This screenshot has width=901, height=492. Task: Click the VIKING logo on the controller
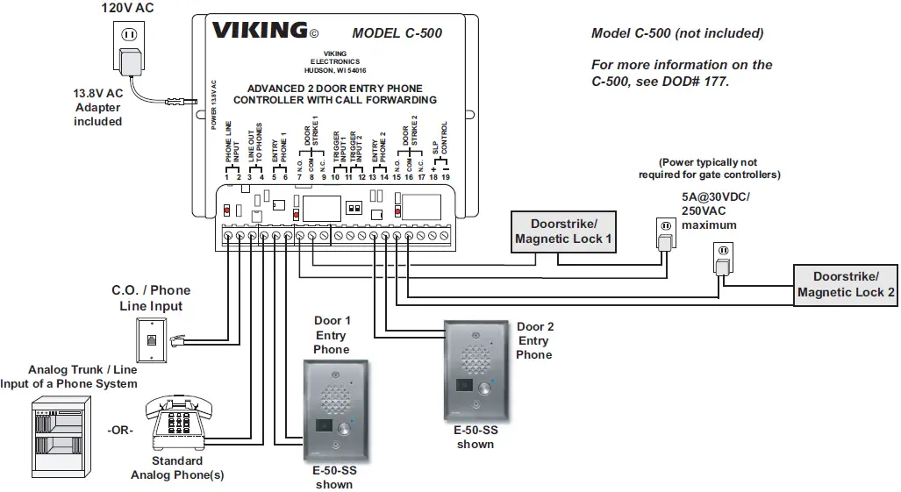point(259,31)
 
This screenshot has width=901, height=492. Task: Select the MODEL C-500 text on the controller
point(397,34)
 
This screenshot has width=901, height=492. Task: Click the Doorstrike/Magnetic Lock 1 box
point(563,232)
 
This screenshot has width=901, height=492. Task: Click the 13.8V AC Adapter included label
point(97,106)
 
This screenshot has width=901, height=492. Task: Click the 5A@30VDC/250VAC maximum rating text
point(715,210)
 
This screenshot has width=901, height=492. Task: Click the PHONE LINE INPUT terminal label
point(232,147)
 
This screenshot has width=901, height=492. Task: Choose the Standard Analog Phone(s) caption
point(177,467)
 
